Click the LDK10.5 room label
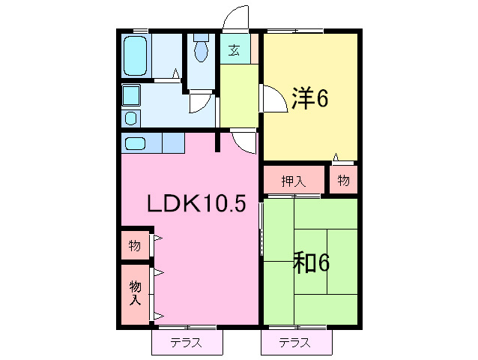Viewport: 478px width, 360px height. pos(196,203)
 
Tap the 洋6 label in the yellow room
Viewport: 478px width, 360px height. pos(309,98)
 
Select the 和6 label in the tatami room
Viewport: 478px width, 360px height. pos(311,262)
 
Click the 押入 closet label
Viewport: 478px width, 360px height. pos(293,181)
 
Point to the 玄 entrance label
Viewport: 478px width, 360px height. pos(234,49)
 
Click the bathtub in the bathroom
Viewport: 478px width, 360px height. pos(134,55)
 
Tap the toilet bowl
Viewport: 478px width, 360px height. pos(201,51)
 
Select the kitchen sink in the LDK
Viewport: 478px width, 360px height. pos(135,143)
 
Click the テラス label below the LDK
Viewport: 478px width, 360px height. pos(186,343)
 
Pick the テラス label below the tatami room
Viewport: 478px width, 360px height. pos(294,343)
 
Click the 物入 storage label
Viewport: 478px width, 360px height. pos(135,293)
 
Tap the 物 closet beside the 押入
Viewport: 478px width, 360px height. pos(343,180)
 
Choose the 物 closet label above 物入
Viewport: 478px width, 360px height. pos(134,245)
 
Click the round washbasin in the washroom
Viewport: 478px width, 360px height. pos(131,118)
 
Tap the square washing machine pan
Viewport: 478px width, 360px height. pos(131,95)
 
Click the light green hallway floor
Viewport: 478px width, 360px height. pos(239,95)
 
